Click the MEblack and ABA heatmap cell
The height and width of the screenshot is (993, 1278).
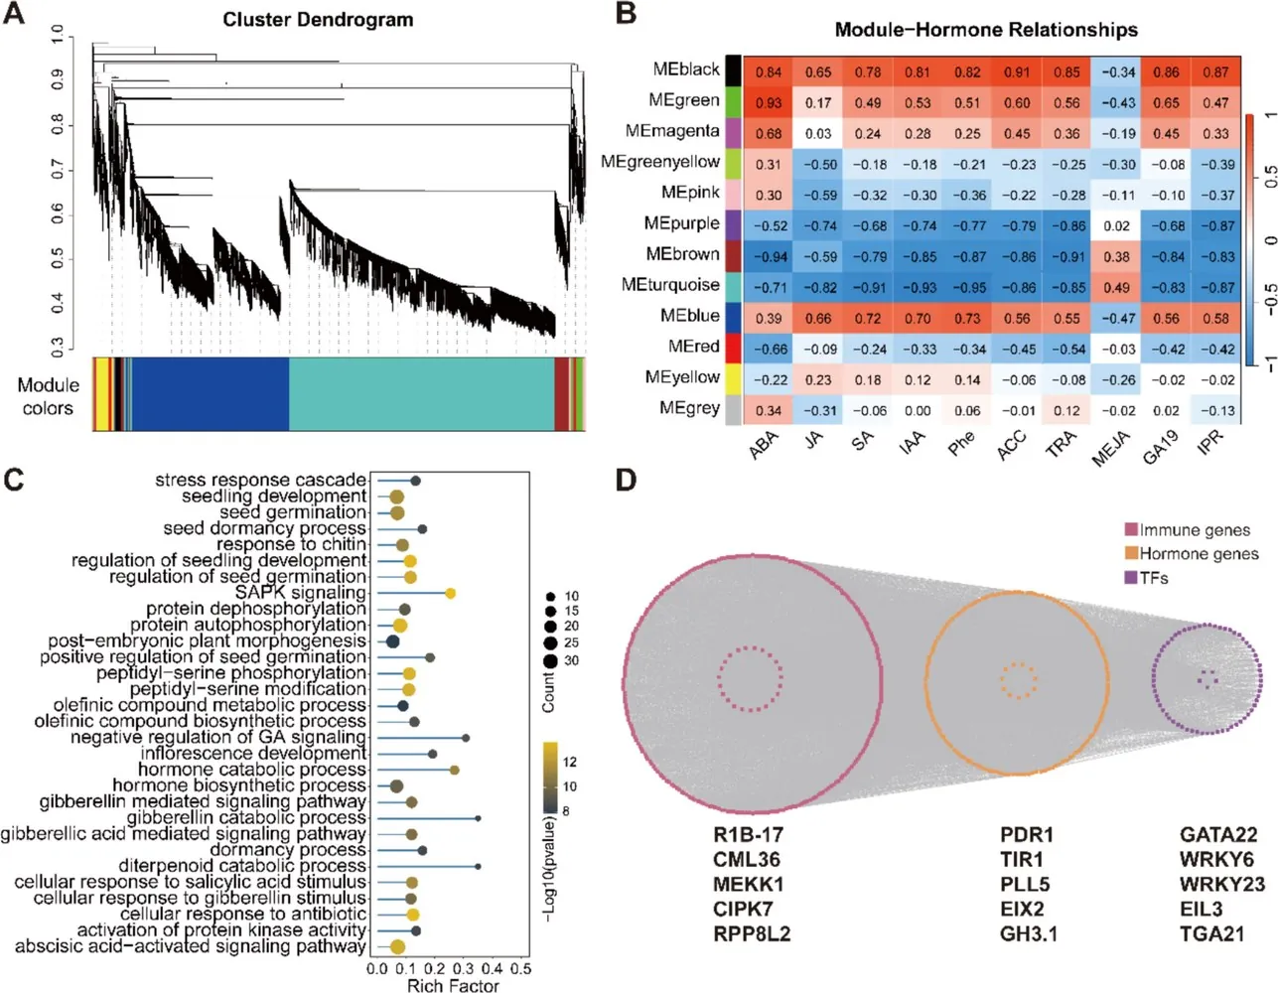(x=769, y=72)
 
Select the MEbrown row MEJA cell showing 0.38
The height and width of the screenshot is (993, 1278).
(x=1116, y=257)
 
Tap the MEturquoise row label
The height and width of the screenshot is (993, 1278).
(x=670, y=285)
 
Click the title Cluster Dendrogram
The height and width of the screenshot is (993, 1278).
(x=318, y=20)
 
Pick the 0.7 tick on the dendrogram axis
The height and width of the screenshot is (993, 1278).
(x=57, y=170)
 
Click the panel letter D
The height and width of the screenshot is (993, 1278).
(x=627, y=481)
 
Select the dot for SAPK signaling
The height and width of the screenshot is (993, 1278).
(x=450, y=593)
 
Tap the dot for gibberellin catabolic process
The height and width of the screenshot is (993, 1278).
(x=478, y=818)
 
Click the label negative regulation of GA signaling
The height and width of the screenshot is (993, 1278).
(x=218, y=737)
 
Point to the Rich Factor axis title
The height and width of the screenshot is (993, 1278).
(x=453, y=985)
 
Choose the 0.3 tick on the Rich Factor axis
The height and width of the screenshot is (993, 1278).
(x=464, y=968)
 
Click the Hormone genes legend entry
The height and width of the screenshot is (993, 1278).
(x=1192, y=554)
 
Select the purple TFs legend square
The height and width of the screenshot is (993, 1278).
(x=1131, y=578)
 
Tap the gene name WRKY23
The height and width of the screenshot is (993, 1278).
(x=1222, y=884)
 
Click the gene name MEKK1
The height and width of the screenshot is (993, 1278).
(x=748, y=884)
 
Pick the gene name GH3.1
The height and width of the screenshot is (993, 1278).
(x=1029, y=933)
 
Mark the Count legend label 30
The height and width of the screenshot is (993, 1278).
(x=571, y=660)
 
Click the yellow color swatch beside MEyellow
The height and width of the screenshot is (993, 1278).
(x=733, y=379)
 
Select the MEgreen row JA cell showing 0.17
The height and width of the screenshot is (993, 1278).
(x=818, y=103)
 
